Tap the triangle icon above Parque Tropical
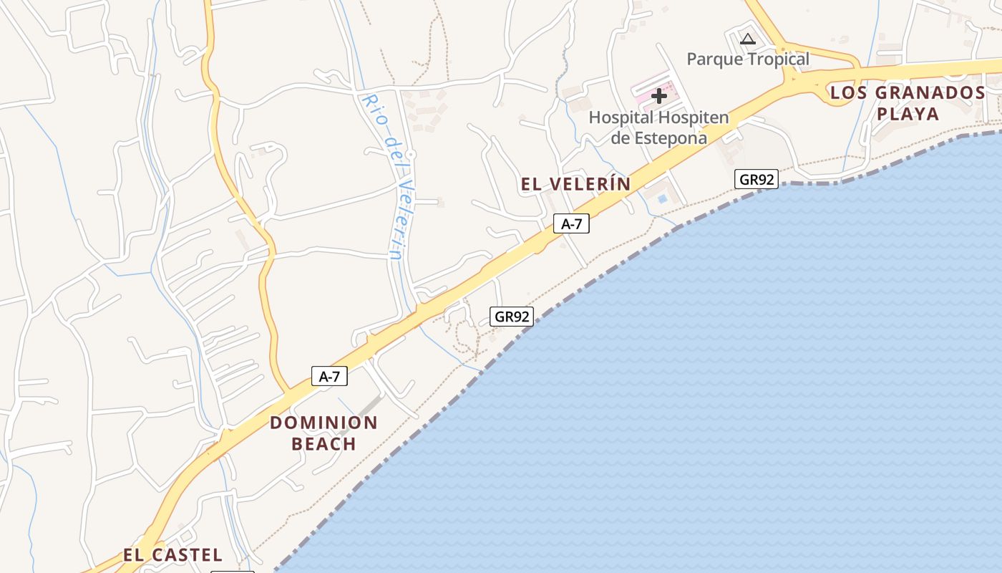[x=748, y=39]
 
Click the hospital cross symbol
[x=659, y=96]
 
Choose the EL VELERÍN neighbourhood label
[x=576, y=184]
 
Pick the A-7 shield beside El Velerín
[x=571, y=224]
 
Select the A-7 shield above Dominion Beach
[x=329, y=376]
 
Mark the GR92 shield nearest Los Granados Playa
[x=757, y=179]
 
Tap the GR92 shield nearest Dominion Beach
[x=512, y=317]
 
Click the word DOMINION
[x=324, y=423]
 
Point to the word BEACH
[x=324, y=444]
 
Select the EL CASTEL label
[x=172, y=555]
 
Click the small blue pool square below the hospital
[x=662, y=198]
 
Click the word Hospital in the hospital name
[x=621, y=117]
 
